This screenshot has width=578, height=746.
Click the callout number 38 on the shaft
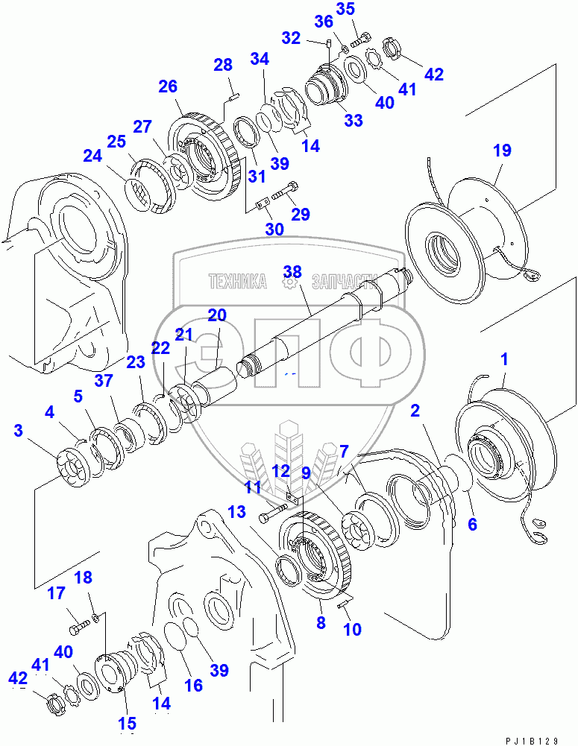click(x=292, y=273)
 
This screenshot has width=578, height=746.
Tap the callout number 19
click(x=502, y=151)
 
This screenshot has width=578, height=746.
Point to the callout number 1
click(x=504, y=360)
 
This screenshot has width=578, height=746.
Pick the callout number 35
click(x=367, y=10)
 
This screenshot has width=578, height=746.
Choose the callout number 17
click(x=57, y=594)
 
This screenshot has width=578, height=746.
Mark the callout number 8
click(x=321, y=622)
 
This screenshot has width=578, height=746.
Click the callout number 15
click(x=127, y=722)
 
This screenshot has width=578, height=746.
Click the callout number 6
click(x=472, y=524)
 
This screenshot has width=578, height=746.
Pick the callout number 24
click(x=92, y=157)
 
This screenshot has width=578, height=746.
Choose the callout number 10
click(x=352, y=630)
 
